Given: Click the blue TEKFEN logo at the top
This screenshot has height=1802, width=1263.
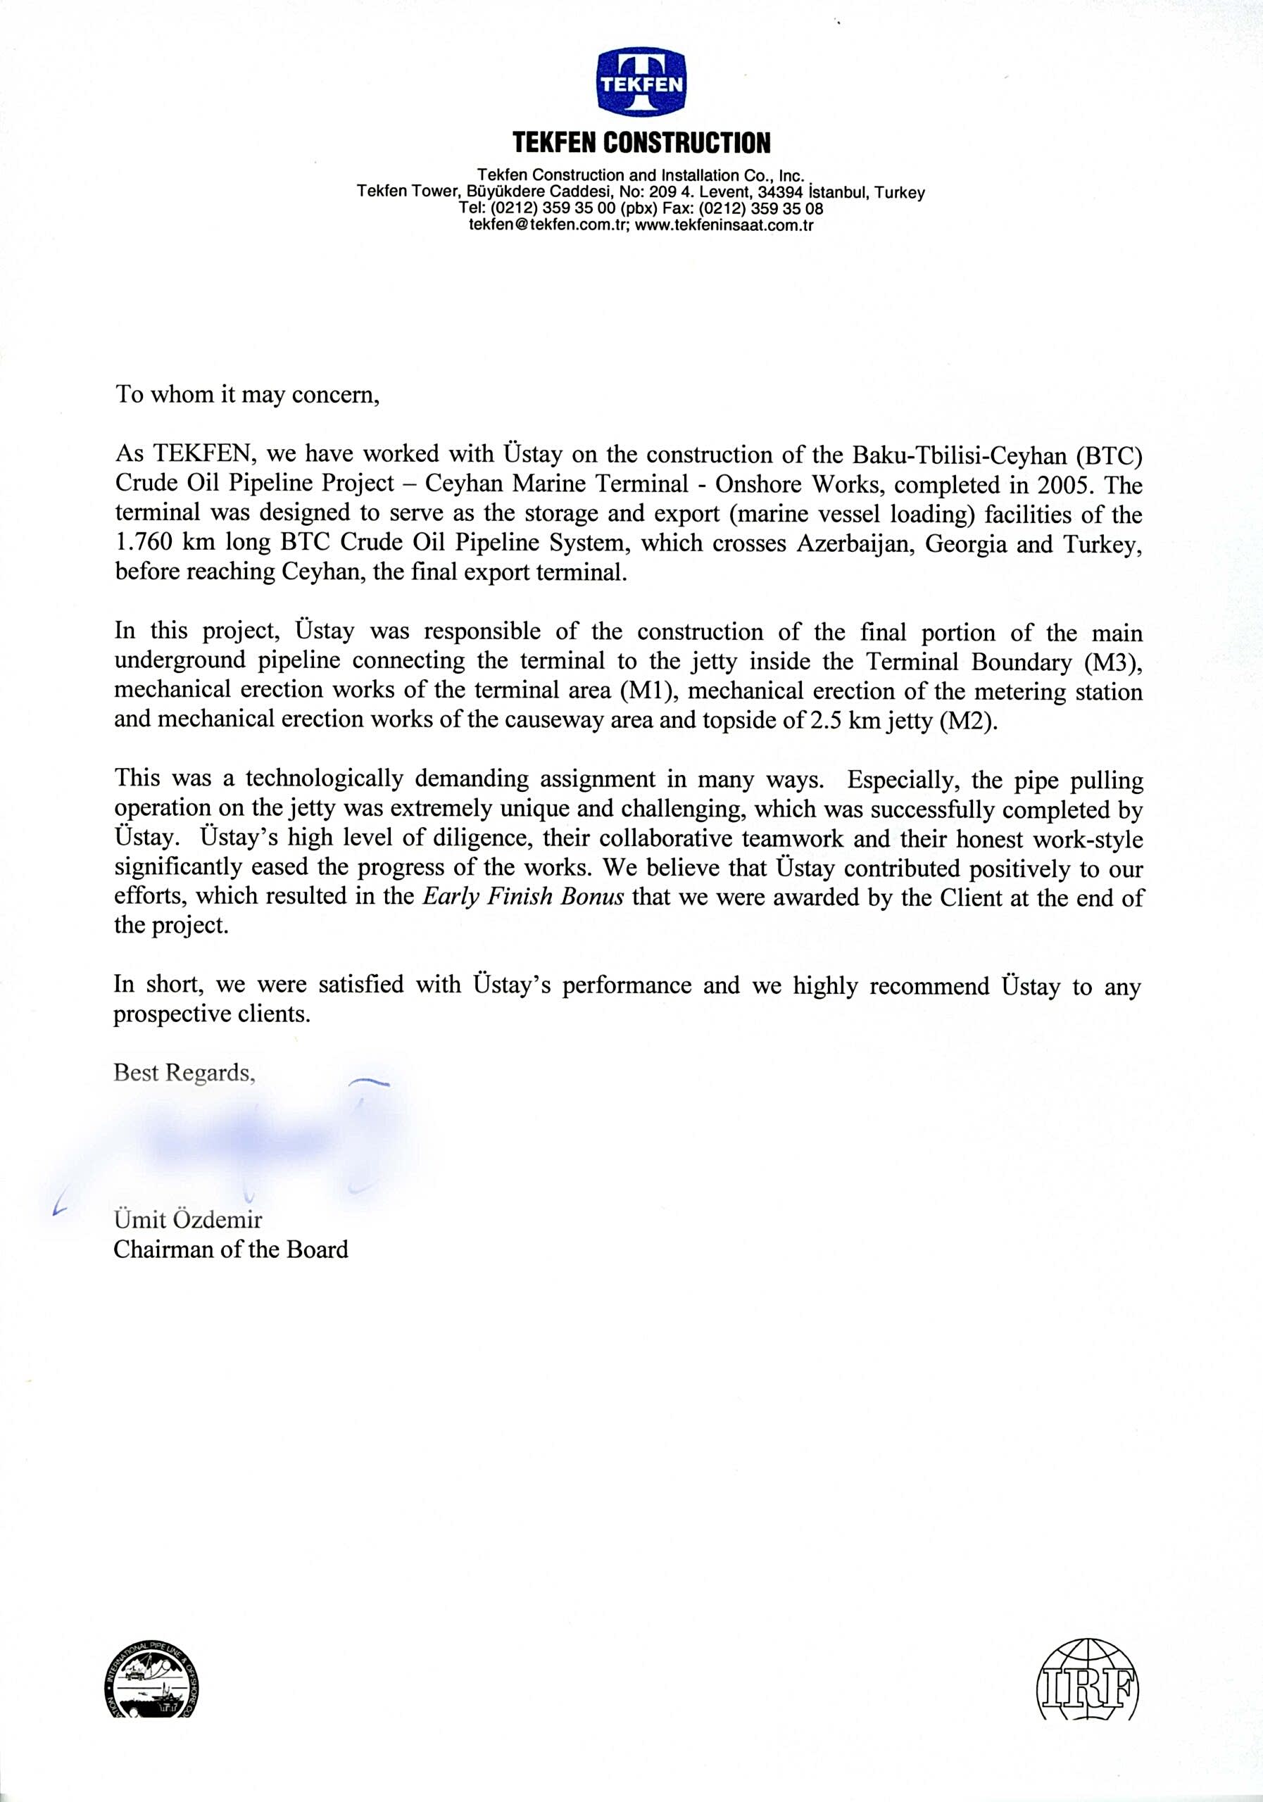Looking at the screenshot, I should pyautogui.click(x=641, y=80).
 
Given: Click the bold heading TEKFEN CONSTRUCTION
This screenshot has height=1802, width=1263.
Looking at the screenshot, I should pyautogui.click(x=641, y=143).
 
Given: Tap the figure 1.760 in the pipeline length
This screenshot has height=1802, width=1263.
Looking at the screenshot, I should pyautogui.click(x=144, y=543).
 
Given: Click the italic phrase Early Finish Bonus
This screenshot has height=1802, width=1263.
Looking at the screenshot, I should pyautogui.click(x=523, y=897).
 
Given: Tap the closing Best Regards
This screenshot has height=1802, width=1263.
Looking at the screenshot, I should pyautogui.click(x=184, y=1072).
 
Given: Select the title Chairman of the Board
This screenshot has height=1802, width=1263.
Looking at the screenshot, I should pyautogui.click(x=231, y=1249).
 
